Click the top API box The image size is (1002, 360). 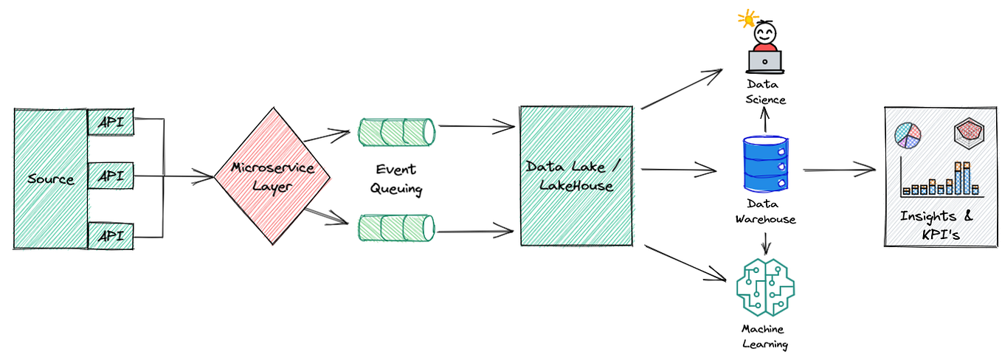111,122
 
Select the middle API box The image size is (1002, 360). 111,176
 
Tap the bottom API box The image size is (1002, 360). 111,235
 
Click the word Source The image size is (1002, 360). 51,179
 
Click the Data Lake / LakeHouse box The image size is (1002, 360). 576,176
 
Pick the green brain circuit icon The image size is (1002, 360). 765,286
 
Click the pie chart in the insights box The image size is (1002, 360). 908,135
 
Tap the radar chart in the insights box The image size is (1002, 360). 969,133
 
